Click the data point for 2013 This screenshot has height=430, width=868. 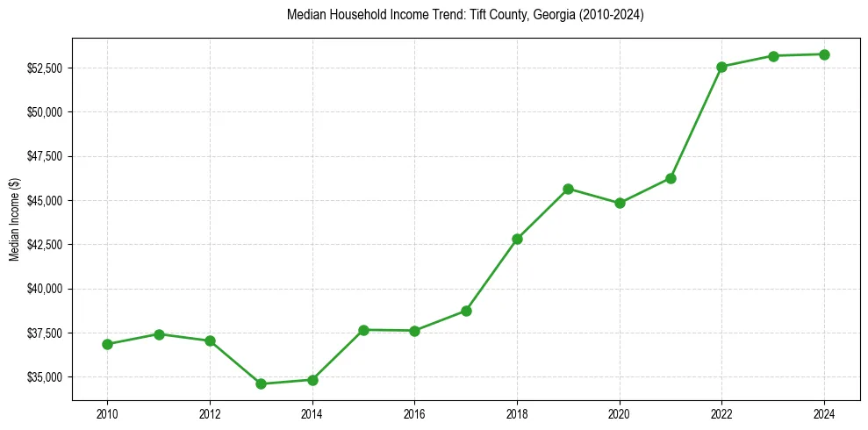coord(261,383)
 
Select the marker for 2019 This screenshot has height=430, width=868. coord(568,189)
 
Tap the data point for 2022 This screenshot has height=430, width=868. coord(721,67)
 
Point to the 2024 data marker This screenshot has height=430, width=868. coord(824,54)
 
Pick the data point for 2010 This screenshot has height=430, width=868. coord(107,344)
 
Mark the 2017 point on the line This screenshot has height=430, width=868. coord(466,311)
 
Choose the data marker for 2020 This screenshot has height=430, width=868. coord(620,203)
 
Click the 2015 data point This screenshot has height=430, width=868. coord(363,330)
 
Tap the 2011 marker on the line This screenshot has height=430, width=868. coord(159,334)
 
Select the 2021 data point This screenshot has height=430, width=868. coord(671,178)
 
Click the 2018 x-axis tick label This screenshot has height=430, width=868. coord(517,412)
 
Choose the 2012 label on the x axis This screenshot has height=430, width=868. coord(209,412)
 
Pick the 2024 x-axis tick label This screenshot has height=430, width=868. coord(824,412)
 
